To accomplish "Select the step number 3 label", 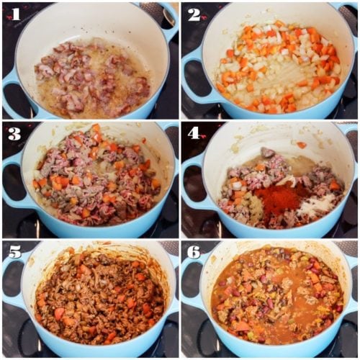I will (15, 132).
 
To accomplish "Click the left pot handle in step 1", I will (10, 86).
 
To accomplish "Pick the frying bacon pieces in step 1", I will (94, 76).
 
